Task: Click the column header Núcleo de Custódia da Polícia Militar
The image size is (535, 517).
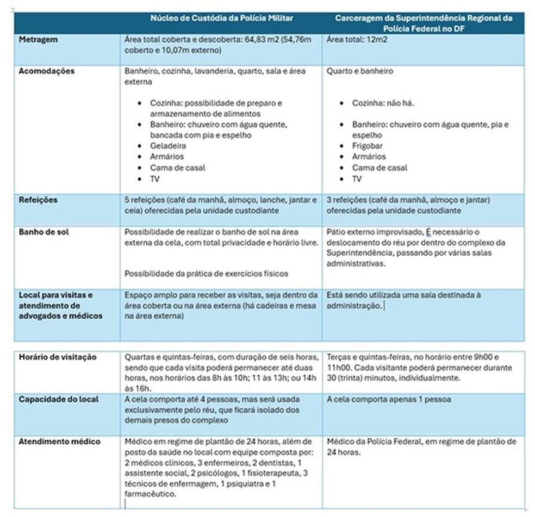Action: [x=222, y=18]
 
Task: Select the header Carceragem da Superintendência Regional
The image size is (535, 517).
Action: [x=424, y=23]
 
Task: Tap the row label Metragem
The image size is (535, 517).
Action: [x=39, y=40]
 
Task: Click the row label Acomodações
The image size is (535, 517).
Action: [x=46, y=71]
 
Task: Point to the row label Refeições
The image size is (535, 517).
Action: [x=38, y=200]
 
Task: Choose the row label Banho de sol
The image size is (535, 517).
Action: [x=42, y=232]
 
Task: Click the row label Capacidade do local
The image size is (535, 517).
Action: [x=59, y=399]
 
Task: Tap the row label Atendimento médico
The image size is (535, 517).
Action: [x=60, y=442]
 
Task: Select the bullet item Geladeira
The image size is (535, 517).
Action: [x=168, y=146]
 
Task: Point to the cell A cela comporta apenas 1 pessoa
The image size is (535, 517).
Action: [x=389, y=399]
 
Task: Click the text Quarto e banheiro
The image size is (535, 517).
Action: [x=359, y=71]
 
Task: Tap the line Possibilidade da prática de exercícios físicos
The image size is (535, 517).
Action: [x=207, y=274]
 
